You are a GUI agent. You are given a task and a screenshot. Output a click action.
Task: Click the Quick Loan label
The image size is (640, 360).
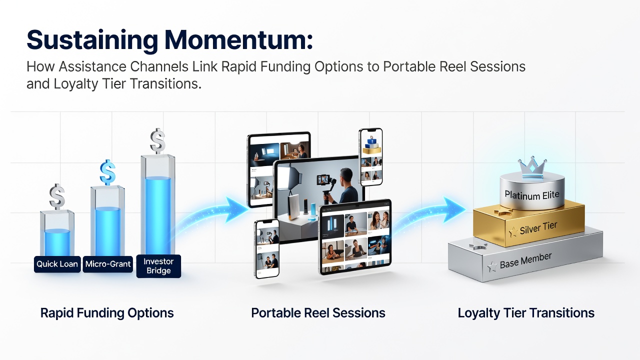point(57,264)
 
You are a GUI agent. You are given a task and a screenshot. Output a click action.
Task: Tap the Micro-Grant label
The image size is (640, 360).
point(108,264)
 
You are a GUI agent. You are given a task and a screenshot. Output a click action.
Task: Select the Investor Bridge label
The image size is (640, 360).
point(158,266)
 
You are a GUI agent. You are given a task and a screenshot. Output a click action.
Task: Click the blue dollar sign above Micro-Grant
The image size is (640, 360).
point(107,172)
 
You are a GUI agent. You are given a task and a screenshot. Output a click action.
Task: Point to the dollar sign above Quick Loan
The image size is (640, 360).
point(57,196)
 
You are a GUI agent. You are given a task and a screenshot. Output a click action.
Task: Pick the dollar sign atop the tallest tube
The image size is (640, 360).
point(157,141)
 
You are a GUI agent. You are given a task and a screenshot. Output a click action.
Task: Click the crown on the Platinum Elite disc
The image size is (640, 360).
point(532,167)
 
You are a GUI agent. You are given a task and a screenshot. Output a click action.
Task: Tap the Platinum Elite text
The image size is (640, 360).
point(531,195)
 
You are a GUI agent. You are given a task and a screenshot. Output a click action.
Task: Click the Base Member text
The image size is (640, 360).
point(525,260)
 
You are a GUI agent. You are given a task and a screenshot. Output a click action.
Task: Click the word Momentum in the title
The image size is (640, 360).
point(238,40)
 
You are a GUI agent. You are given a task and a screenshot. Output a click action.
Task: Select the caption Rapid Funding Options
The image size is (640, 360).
point(107,313)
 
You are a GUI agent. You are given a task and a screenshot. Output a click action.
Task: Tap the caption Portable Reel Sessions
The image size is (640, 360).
point(318,313)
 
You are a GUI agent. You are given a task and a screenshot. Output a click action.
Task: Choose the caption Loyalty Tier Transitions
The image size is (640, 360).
point(526,313)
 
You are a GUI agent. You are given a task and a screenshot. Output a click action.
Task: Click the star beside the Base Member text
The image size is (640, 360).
point(492,266)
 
